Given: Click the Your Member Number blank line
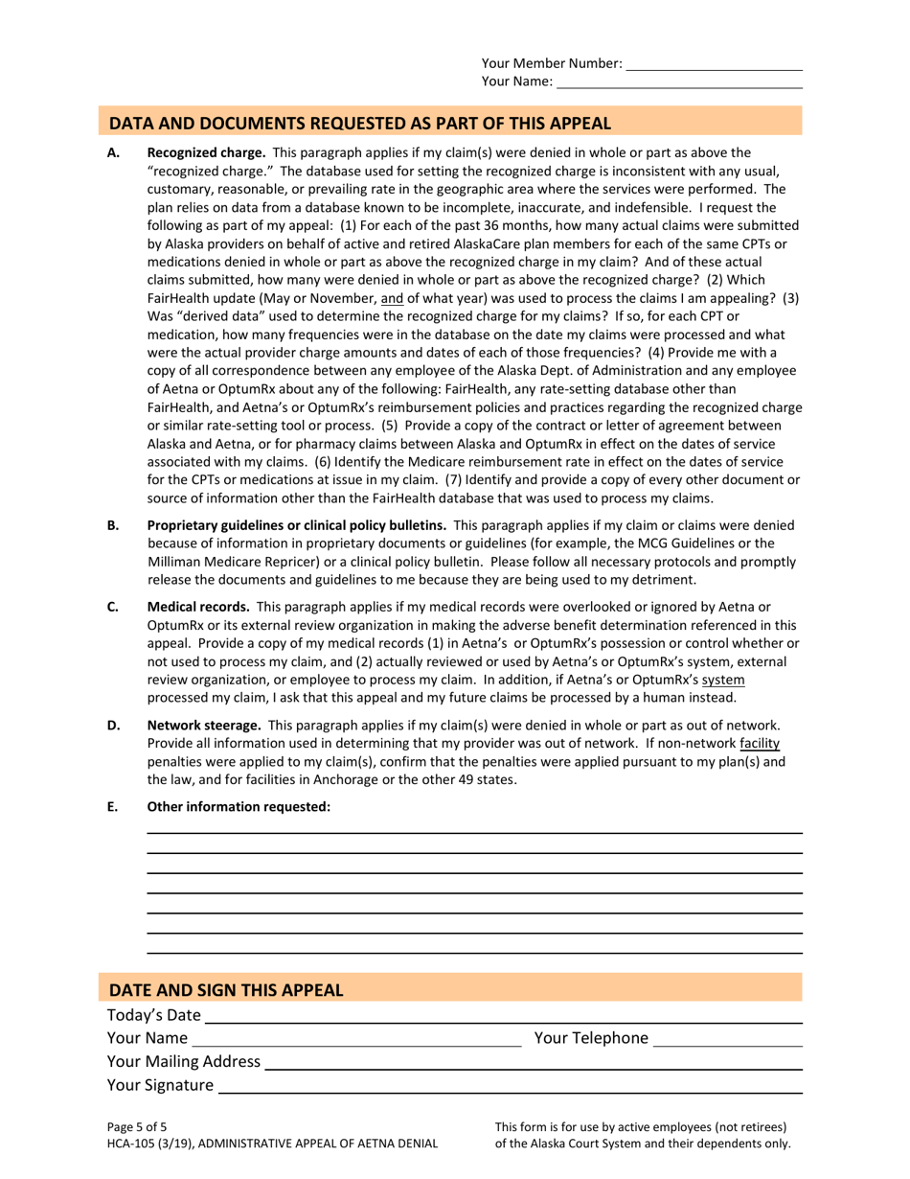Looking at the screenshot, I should click(714, 65).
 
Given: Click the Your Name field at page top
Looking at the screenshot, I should click(679, 83).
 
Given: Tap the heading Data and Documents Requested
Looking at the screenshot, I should click(359, 123).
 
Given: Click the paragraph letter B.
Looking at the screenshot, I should click(113, 525).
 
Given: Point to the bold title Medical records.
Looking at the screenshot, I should click(198, 607).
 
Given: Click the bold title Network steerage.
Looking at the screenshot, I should click(204, 726).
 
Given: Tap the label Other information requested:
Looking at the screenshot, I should click(239, 807).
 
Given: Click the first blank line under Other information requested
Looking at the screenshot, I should click(474, 832).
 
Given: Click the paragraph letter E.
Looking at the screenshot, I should click(113, 807).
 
